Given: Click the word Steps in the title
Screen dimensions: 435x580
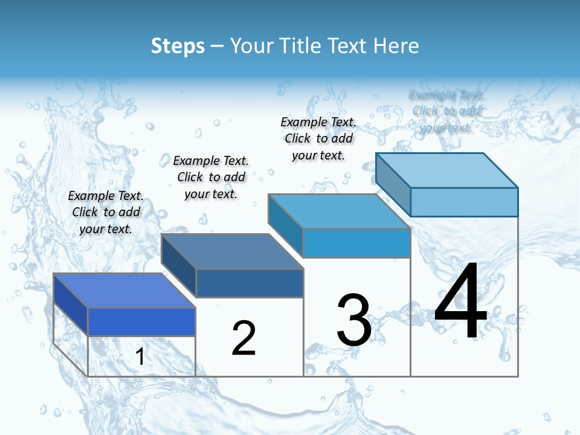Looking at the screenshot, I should point(178,46).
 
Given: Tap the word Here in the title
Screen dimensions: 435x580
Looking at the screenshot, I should point(396,46).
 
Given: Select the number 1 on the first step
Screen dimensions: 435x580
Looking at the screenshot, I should point(140,357).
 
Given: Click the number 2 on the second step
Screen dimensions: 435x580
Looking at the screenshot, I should point(243,338).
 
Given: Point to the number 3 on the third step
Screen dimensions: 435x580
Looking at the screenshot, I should point(354,320).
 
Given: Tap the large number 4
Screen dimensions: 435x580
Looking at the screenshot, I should point(460,302).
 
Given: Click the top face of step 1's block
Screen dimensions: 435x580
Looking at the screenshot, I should point(124,291).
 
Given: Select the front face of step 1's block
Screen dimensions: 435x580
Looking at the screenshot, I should point(141,321).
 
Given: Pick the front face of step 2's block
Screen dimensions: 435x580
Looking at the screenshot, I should point(250,283).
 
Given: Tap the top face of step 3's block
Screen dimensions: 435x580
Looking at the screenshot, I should point(339,211).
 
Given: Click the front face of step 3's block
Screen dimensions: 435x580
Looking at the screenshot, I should point(356,243).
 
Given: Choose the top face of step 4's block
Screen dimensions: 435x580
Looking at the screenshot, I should point(446,170).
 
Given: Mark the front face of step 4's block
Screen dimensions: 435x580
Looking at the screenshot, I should point(464,202).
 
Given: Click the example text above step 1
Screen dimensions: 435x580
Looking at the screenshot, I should point(106,212).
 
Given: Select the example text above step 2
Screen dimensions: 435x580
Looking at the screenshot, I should point(211,177).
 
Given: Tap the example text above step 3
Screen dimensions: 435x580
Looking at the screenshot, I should point(318,138).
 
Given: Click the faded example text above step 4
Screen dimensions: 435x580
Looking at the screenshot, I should point(446,111).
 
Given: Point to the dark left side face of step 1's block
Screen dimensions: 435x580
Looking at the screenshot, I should point(71,304).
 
